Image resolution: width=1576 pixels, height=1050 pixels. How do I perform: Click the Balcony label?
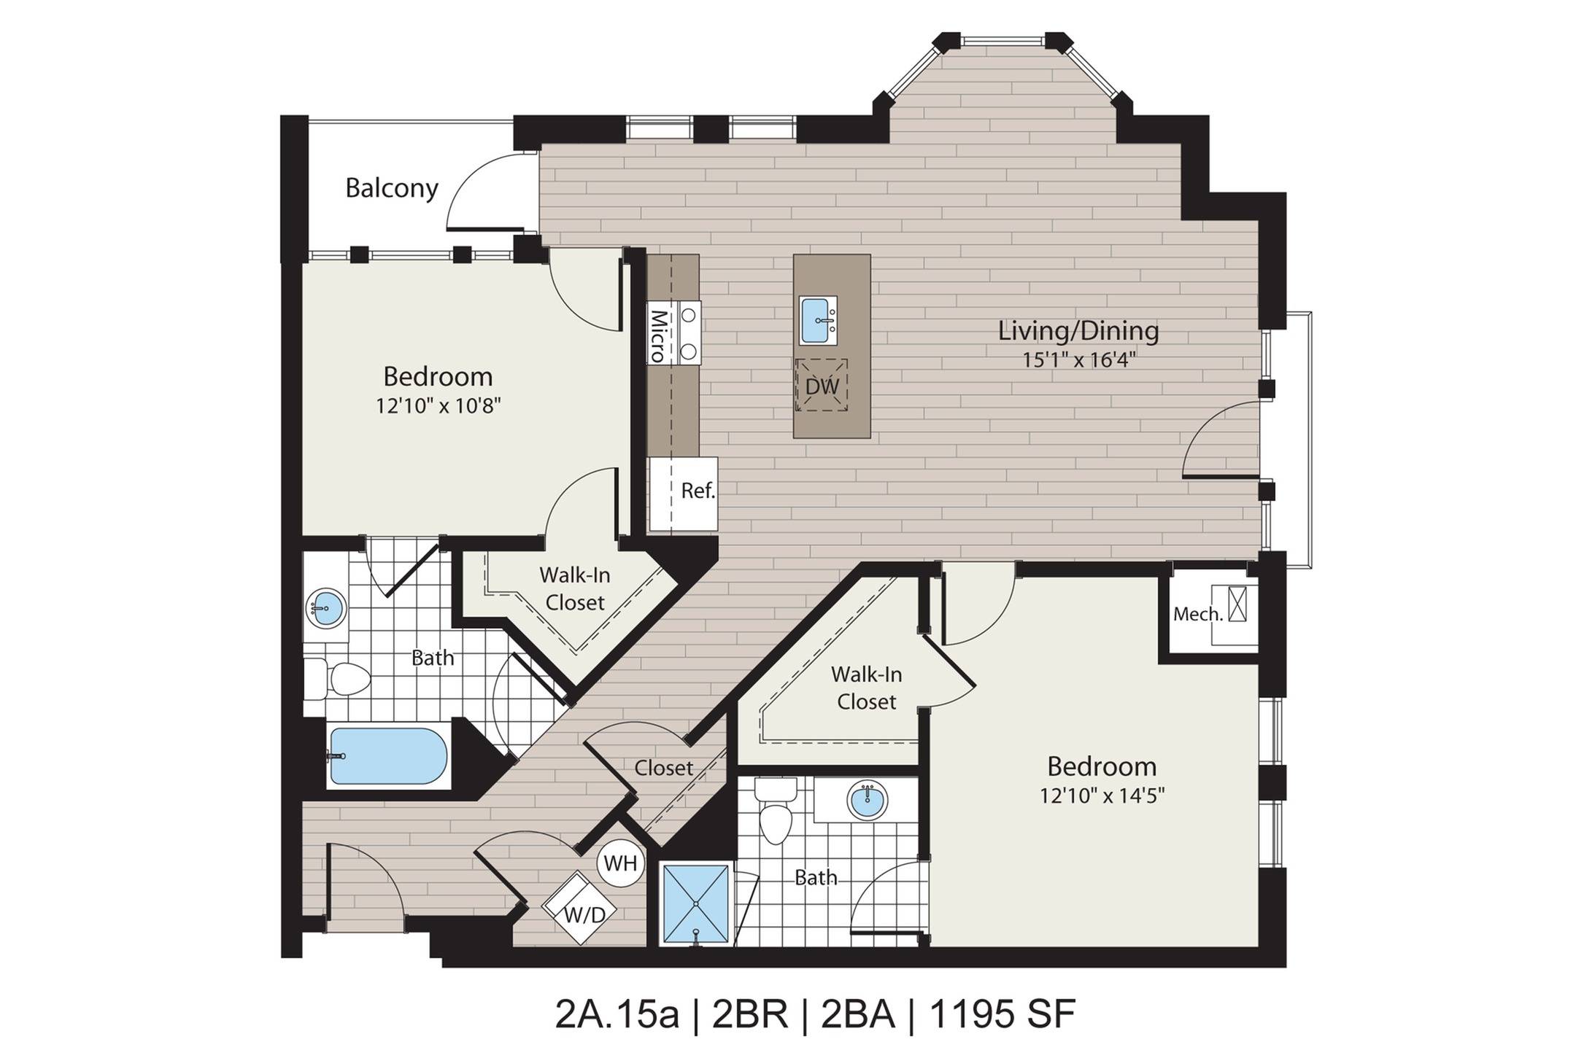pyautogui.click(x=391, y=188)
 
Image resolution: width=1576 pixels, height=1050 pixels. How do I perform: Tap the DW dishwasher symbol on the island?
pyautogui.click(x=822, y=386)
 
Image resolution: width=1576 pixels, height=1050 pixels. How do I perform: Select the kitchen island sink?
pyautogui.click(x=817, y=320)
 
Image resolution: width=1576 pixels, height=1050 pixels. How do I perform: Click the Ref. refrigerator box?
pyautogui.click(x=684, y=492)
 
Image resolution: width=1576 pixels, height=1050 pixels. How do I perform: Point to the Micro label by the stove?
pyautogui.click(x=659, y=336)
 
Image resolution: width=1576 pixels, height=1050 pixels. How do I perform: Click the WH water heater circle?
pyautogui.click(x=621, y=864)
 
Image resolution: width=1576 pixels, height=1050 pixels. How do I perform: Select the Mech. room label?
pyautogui.click(x=1197, y=615)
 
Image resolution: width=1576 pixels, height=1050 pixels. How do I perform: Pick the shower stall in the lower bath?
pyautogui.click(x=695, y=903)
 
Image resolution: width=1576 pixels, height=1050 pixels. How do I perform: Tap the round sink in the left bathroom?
pyautogui.click(x=325, y=607)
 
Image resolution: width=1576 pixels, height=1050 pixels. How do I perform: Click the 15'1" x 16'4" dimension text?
pyautogui.click(x=1078, y=360)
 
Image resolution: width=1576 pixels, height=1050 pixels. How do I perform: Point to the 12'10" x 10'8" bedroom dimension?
pyautogui.click(x=438, y=406)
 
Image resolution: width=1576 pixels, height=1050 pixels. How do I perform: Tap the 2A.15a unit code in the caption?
pyautogui.click(x=617, y=1015)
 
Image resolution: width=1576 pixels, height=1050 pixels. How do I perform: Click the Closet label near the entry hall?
pyautogui.click(x=663, y=768)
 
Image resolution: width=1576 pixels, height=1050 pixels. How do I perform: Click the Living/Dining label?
pyautogui.click(x=1078, y=331)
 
